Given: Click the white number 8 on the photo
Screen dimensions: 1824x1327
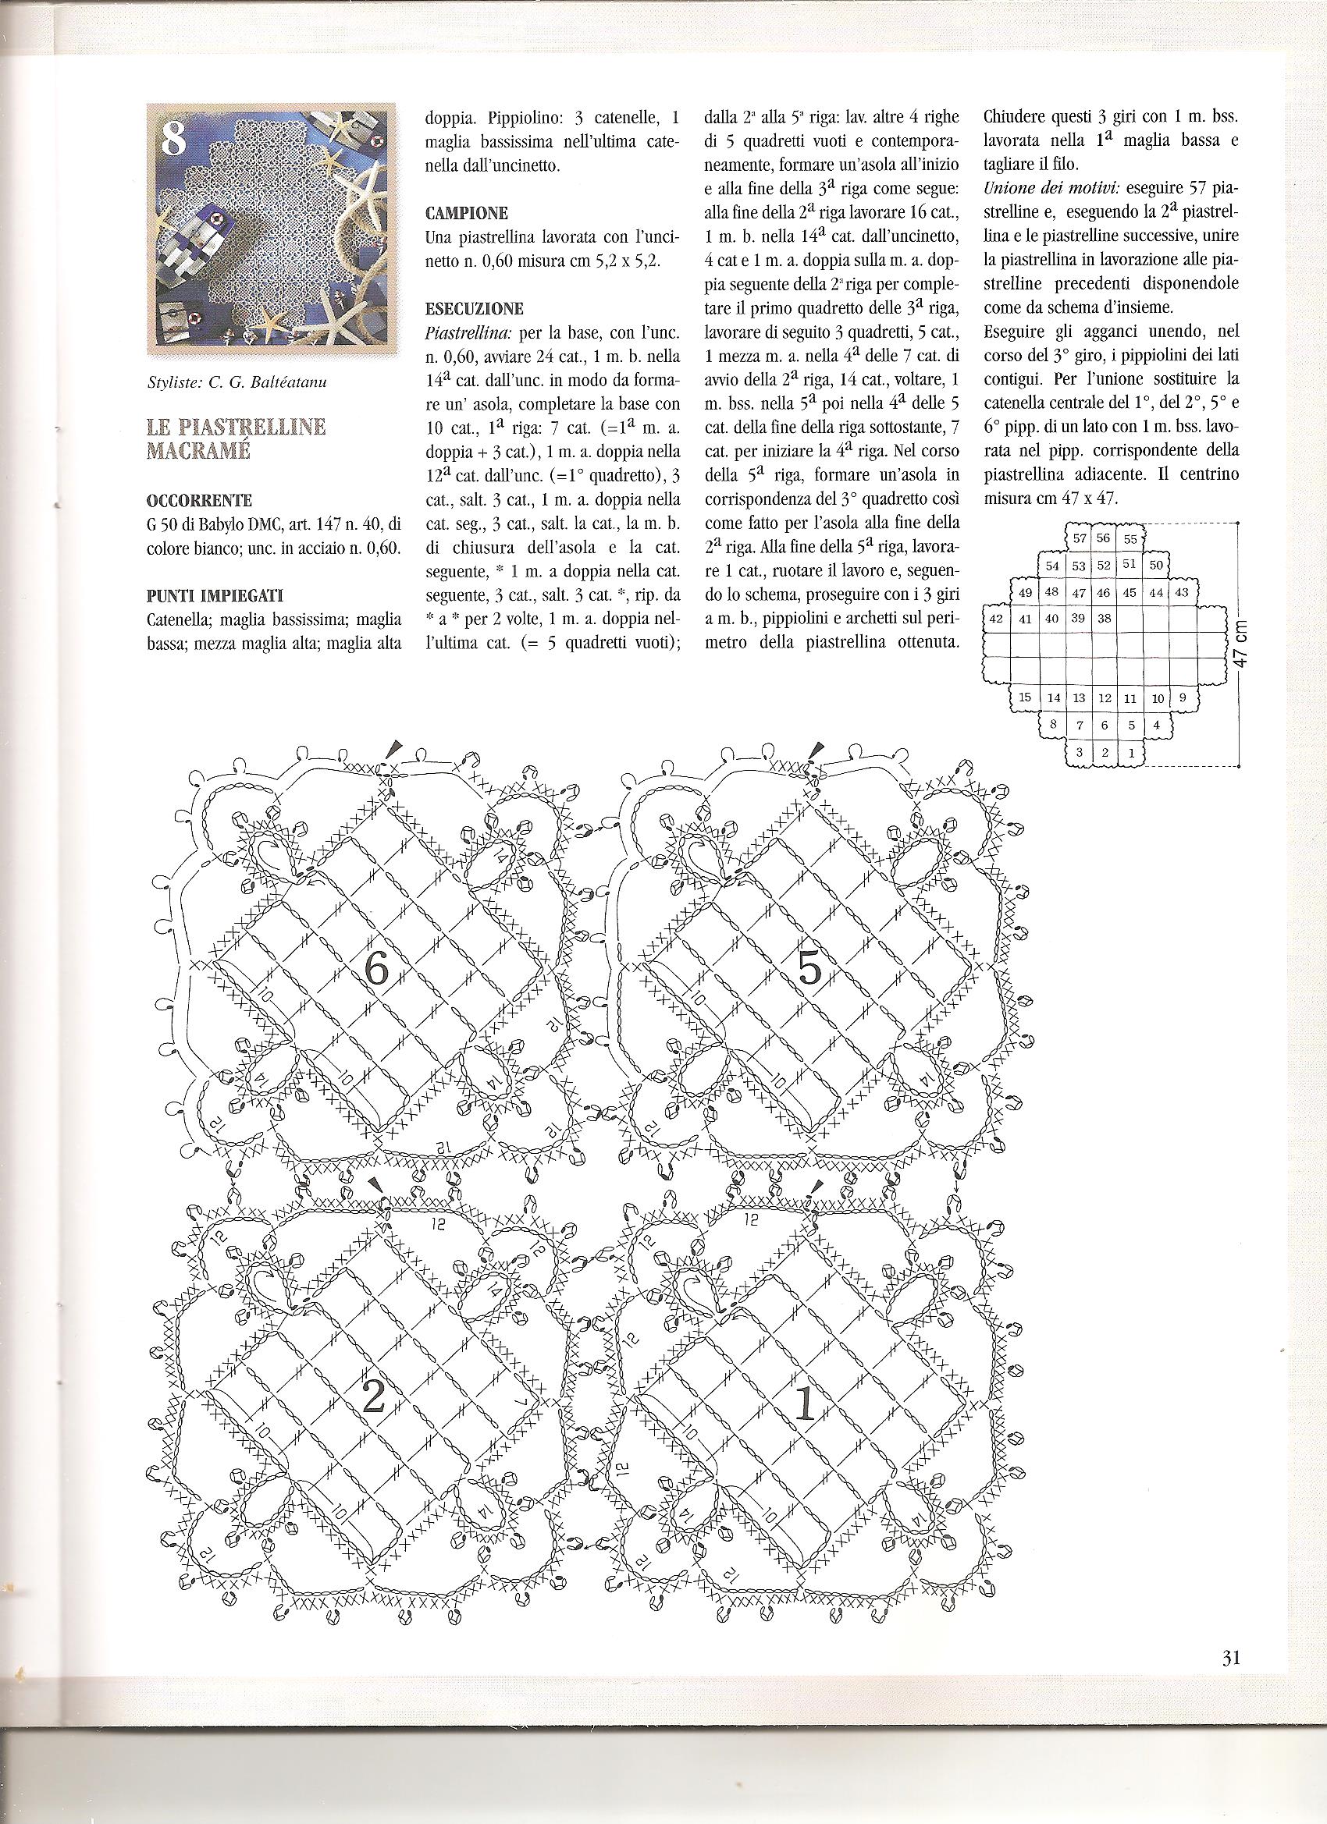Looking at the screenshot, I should (x=173, y=138).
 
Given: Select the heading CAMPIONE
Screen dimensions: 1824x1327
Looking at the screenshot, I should (x=467, y=214).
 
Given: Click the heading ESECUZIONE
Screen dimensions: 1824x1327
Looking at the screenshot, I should (x=474, y=309).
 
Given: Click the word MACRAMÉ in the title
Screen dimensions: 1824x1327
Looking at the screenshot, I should (x=198, y=449).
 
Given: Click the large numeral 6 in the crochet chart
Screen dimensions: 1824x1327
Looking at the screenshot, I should (x=375, y=970).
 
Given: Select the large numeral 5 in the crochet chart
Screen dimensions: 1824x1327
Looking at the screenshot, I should (x=809, y=970).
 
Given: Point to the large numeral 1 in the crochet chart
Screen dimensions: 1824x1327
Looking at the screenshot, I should (x=805, y=1403).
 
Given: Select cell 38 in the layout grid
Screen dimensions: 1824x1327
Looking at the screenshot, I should (x=1105, y=619).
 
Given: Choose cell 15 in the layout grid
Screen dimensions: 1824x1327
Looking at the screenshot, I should (x=1024, y=697).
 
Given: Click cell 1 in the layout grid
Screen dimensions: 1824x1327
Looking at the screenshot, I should (x=1131, y=754).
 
